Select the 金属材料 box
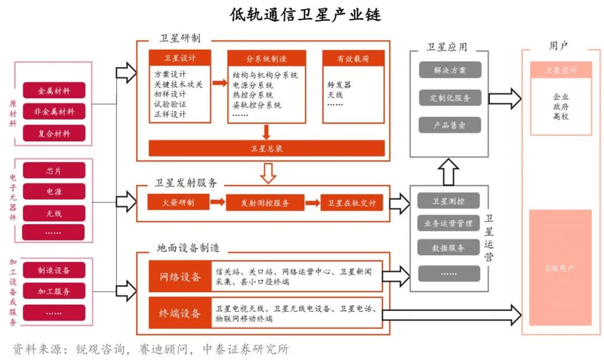coord(54,90)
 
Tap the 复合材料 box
coord(54,133)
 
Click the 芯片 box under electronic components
coord(54,170)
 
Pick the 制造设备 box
coord(54,271)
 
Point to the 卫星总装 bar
coord(266,148)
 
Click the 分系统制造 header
coord(266,58)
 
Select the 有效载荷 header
coord(353,58)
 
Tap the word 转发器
coord(339,85)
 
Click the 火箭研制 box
coord(178,202)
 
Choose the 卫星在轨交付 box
coord(352,202)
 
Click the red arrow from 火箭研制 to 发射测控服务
coord(218,202)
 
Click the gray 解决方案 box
coord(449,70)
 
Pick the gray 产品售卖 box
coord(449,125)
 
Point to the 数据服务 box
coord(449,248)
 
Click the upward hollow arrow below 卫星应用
coord(449,171)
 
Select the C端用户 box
coord(560,268)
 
